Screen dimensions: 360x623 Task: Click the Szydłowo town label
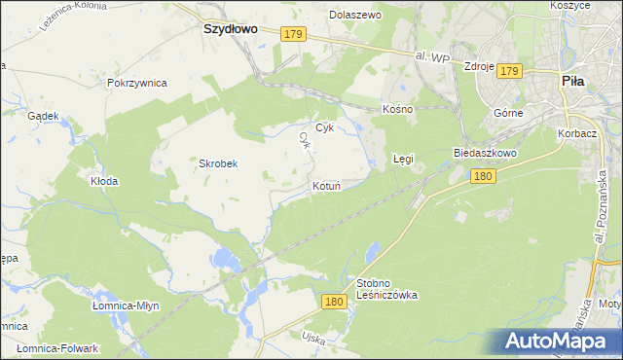[x=230, y=29]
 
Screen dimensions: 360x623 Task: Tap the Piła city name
[x=572, y=83]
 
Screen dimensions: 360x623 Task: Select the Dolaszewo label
[x=355, y=16]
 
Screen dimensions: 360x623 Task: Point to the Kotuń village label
[x=325, y=186]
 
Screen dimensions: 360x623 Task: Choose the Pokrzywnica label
[x=137, y=83]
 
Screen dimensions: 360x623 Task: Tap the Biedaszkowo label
[x=484, y=154]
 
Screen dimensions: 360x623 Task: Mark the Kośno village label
[x=398, y=109]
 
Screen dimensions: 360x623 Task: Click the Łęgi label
[x=403, y=157]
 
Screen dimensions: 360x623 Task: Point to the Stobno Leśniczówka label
[x=386, y=289]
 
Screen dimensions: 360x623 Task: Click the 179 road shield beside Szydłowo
[x=295, y=35]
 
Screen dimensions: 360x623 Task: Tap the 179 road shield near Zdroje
[x=510, y=70]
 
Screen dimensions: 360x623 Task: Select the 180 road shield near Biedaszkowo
[x=483, y=176]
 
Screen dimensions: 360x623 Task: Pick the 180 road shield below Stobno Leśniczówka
[x=334, y=303]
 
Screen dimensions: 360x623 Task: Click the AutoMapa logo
[x=559, y=341]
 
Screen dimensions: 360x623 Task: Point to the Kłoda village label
[x=104, y=181]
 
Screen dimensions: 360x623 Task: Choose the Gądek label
[x=45, y=116]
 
